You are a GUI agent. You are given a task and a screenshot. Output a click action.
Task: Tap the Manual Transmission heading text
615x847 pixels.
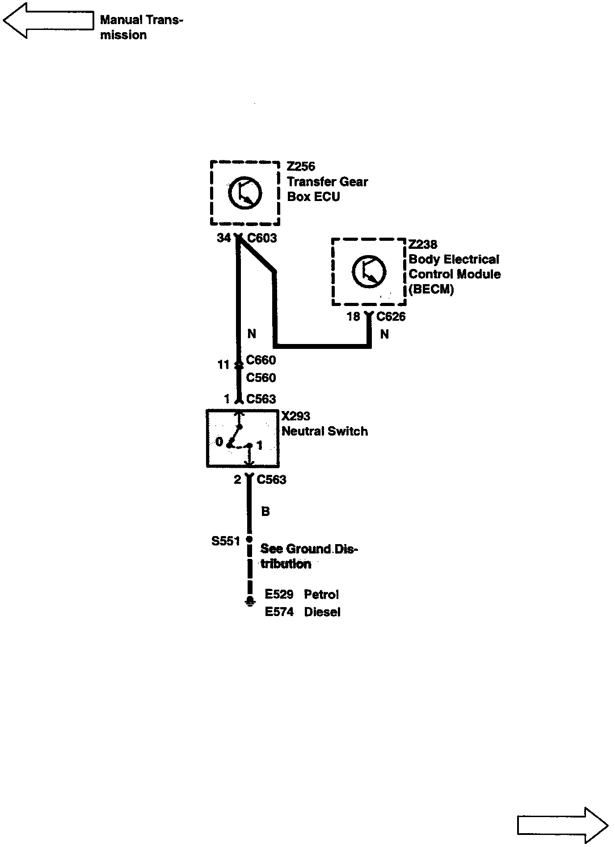(x=141, y=27)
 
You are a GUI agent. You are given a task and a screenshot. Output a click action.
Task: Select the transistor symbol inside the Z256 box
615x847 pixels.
(x=245, y=193)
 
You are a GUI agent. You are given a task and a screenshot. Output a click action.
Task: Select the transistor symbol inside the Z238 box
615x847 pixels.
(x=369, y=272)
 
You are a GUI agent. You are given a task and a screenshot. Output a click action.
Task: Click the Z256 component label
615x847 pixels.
(x=301, y=167)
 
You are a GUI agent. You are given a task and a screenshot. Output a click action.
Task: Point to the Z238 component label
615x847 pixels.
(x=423, y=244)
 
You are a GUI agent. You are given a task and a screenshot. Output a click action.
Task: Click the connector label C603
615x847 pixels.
(x=262, y=238)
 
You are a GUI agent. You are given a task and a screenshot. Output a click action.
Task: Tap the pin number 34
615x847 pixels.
(x=224, y=238)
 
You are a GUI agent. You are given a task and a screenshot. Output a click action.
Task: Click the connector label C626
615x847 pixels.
(x=391, y=317)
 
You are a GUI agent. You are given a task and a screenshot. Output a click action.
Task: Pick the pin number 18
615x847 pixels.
(x=353, y=317)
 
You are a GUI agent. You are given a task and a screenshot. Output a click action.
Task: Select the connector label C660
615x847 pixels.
(x=261, y=360)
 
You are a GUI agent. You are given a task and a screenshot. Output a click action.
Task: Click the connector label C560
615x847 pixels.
(x=261, y=378)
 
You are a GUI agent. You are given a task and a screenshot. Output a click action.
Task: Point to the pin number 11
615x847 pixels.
(x=223, y=365)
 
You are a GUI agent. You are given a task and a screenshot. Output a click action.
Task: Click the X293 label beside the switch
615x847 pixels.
(x=295, y=416)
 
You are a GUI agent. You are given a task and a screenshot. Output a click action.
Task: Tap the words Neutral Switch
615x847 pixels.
(x=324, y=432)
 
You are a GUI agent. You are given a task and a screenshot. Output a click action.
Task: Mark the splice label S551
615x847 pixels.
(x=226, y=541)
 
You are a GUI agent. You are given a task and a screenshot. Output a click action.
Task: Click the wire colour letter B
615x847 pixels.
(x=265, y=512)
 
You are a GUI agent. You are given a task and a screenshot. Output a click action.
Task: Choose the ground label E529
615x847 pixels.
(x=279, y=594)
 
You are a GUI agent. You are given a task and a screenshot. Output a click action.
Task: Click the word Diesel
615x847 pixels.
(x=322, y=612)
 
